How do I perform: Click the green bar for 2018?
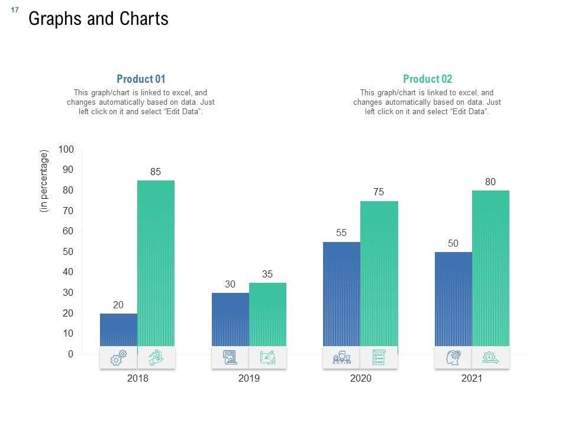[156, 263]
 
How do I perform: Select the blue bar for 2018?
[118, 330]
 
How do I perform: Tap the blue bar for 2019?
[230, 319]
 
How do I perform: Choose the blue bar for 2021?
[453, 299]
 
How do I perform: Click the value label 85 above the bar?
[156, 172]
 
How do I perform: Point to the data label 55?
[341, 233]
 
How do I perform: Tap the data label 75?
[379, 192]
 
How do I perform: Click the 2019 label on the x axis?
[249, 379]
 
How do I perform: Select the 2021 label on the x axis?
[472, 379]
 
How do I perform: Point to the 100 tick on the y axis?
[66, 150]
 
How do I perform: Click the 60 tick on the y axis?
[68, 231]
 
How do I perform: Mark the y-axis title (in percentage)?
[44, 181]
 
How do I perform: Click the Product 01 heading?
[141, 79]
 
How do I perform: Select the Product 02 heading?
[427, 79]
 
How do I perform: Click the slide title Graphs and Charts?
[98, 19]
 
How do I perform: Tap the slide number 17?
[15, 10]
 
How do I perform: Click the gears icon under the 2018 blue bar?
[118, 357]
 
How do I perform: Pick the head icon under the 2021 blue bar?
[453, 357]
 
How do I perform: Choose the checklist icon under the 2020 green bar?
[379, 357]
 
